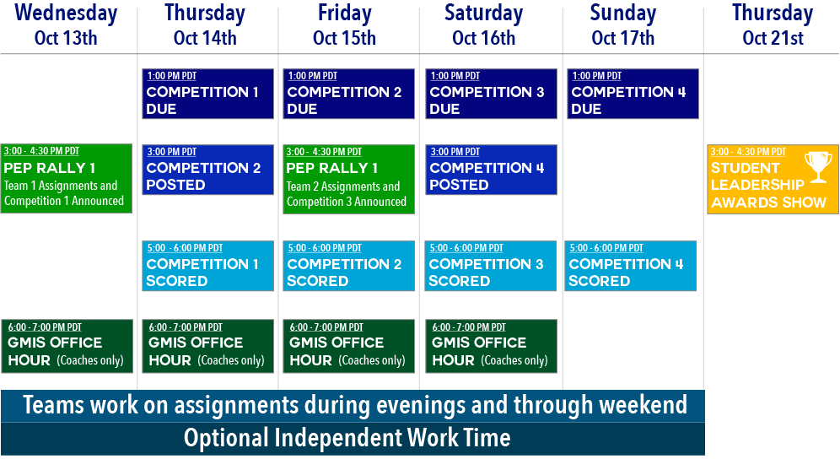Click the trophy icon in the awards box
coord(818,167)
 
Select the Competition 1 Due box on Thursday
coord(207,94)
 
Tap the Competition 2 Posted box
coord(207,170)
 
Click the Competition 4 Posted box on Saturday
coord(491,170)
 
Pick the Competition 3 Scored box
coord(491,266)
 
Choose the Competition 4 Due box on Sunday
coord(633,94)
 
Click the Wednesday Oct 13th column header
coord(66,25)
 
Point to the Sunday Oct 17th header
coord(623,25)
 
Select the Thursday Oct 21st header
coord(773,25)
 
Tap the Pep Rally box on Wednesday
coord(67,179)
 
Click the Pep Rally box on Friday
coord(349,179)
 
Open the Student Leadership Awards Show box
coord(773,179)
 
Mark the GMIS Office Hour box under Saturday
coord(491,347)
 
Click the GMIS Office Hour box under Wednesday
coord(67,347)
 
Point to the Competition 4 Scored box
coord(631,266)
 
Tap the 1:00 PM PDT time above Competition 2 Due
coord(313,76)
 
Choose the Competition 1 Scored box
coord(207,266)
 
